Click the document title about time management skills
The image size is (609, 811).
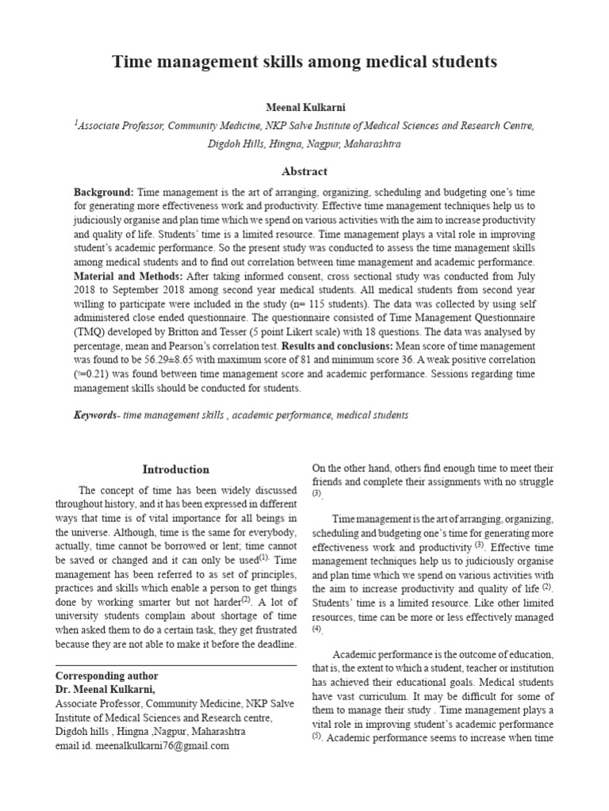[x=304, y=61]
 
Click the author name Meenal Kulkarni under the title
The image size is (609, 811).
[x=304, y=106]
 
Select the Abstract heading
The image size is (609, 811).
[x=304, y=171]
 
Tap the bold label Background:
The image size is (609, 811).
[x=105, y=192]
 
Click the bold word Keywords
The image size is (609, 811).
[x=94, y=415]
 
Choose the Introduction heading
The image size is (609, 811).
[x=176, y=470]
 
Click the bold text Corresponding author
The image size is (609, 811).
[x=106, y=676]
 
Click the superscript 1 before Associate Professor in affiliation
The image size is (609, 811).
[x=75, y=123]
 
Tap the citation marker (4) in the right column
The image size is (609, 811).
[x=317, y=629]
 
